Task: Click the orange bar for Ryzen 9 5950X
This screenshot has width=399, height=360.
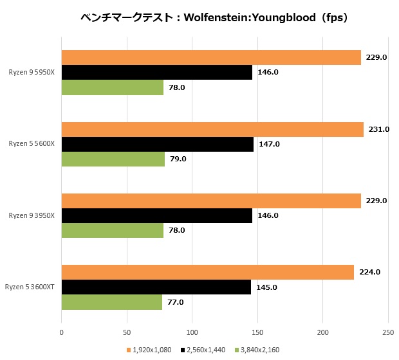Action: pyautogui.click(x=211, y=58)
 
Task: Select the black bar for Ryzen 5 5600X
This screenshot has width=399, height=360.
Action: pyautogui.click(x=158, y=144)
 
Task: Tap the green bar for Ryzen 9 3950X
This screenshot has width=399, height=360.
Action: pyautogui.click(x=113, y=230)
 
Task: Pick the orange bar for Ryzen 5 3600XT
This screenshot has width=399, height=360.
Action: pyautogui.click(x=207, y=272)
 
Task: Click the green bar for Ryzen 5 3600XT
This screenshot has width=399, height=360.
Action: pyautogui.click(x=112, y=301)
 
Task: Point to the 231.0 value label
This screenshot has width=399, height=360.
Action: pyautogui.click(x=379, y=129)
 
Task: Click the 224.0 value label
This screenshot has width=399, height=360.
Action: pyautogui.click(x=369, y=272)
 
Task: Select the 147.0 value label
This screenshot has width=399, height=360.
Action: pyautogui.click(x=269, y=144)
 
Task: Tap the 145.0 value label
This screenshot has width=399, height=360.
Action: pyautogui.click(x=266, y=287)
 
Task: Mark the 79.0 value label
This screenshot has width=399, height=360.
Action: pyautogui.click(x=176, y=159)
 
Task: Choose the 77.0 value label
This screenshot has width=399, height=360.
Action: pyautogui.click(x=174, y=301)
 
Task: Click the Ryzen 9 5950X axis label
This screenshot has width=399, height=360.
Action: pyautogui.click(x=32, y=73)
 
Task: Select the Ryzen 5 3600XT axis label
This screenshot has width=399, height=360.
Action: pyautogui.click(x=30, y=287)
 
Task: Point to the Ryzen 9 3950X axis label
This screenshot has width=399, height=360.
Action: pyautogui.click(x=32, y=215)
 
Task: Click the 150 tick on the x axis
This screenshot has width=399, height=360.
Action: pyautogui.click(x=257, y=332)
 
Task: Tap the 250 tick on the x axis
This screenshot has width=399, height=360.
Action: pyautogui.click(x=387, y=332)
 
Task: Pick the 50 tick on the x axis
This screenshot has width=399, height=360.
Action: pyautogui.click(x=127, y=332)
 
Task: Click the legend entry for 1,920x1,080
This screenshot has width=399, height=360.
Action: pyautogui.click(x=150, y=350)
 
